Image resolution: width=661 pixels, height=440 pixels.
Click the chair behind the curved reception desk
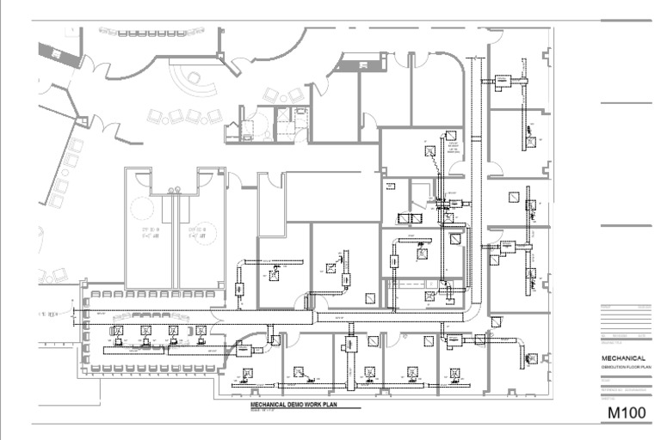pyautogui.click(x=194, y=78)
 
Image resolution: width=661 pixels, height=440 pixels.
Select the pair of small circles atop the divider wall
pyautogui.click(x=175, y=189)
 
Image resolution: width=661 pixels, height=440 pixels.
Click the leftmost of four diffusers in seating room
pyautogui.click(x=118, y=330)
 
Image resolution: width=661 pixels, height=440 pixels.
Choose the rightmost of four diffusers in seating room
pyautogui.click(x=201, y=330)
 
